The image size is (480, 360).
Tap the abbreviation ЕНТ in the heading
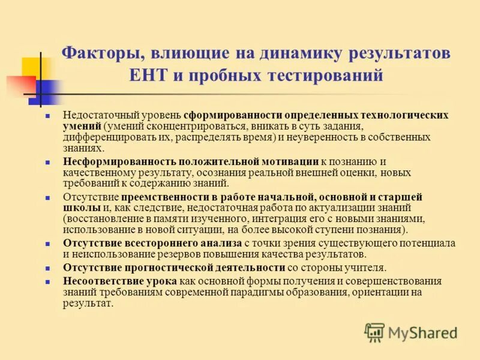click(146, 76)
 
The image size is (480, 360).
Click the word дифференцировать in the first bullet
click(101, 137)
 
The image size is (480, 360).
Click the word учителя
click(365, 268)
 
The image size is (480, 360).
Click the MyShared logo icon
click(374, 332)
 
